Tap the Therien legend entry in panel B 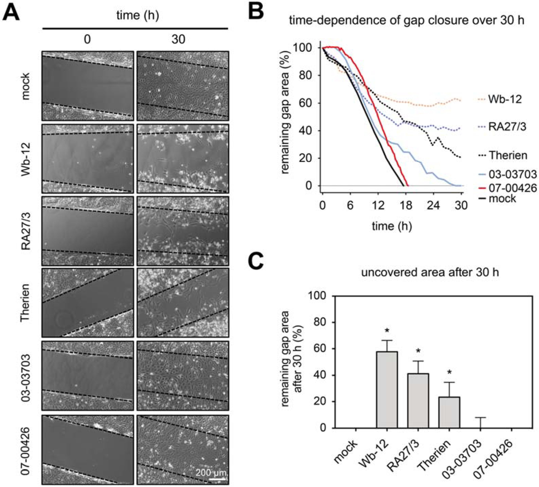tap(507, 155)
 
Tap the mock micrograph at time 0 tap(87, 86)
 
